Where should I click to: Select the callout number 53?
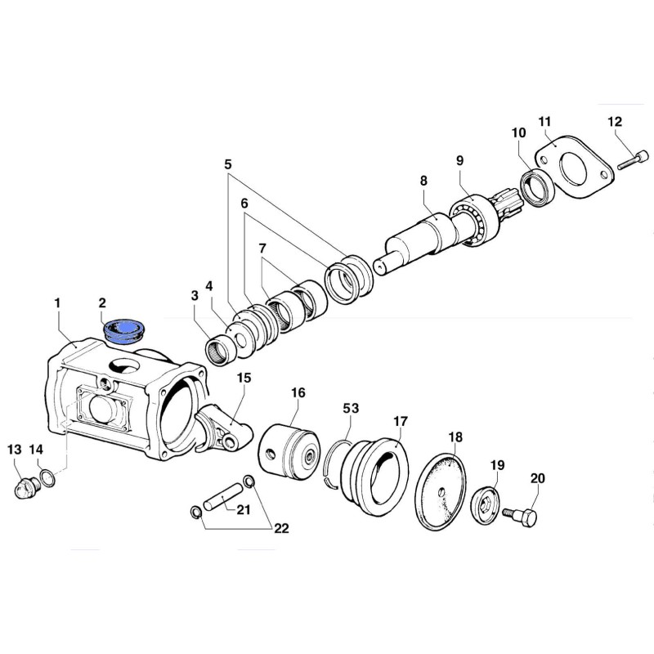coord(351,407)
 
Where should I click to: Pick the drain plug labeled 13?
coord(26,487)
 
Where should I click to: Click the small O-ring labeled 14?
coord(47,476)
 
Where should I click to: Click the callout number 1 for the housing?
coord(58,303)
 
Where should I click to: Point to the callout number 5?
coord(228,163)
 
